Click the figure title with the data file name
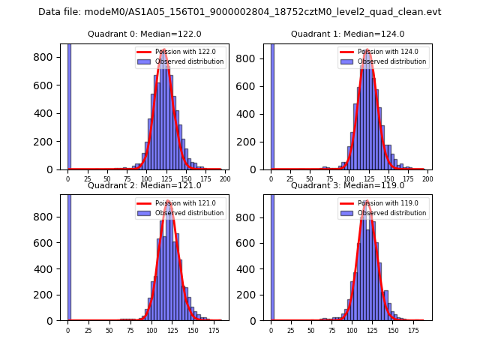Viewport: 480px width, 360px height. pos(240,12)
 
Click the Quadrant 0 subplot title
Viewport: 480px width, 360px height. pos(145,34)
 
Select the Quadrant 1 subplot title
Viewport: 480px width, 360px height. pos(347,34)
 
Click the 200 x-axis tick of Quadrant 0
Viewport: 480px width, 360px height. pos(224,179)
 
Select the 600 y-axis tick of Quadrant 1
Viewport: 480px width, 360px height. pos(255,85)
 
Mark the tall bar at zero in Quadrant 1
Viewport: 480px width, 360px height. pos(272,105)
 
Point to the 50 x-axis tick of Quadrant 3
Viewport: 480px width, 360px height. pos(311,330)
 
